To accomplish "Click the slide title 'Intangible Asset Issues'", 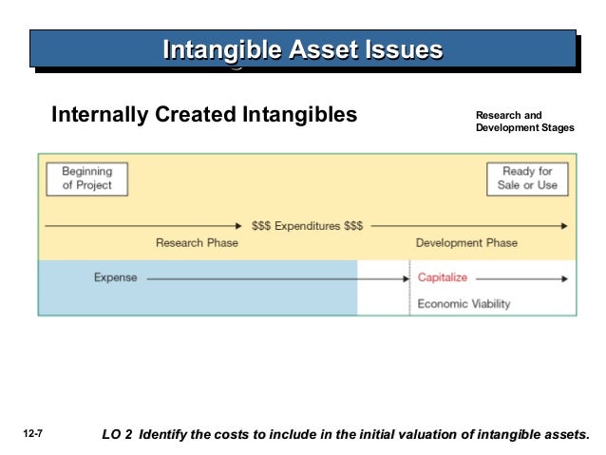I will (x=302, y=48).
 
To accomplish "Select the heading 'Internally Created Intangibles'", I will (x=204, y=116).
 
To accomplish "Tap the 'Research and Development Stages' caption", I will (x=524, y=122).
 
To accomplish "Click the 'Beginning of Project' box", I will (x=86, y=179).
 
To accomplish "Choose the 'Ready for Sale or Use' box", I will (x=527, y=179).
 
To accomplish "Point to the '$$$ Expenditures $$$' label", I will (x=307, y=226).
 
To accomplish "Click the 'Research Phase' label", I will (x=197, y=243).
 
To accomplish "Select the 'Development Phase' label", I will (x=466, y=243).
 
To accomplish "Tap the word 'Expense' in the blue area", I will (x=115, y=278).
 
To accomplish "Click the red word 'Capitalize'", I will (x=443, y=278).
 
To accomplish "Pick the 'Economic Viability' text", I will (x=464, y=304).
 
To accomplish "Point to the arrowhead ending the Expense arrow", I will (x=404, y=279).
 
